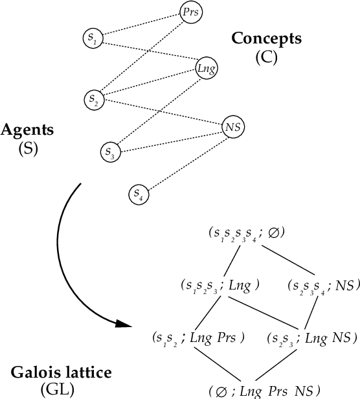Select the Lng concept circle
tap(206, 67)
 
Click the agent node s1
tap(93, 38)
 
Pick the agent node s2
tap(95, 100)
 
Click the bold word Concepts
tap(266, 38)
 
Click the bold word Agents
tap(27, 130)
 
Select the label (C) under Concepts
tap(266, 57)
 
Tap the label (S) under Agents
tap(27, 148)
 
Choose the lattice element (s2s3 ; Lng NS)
tap(310, 337)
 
